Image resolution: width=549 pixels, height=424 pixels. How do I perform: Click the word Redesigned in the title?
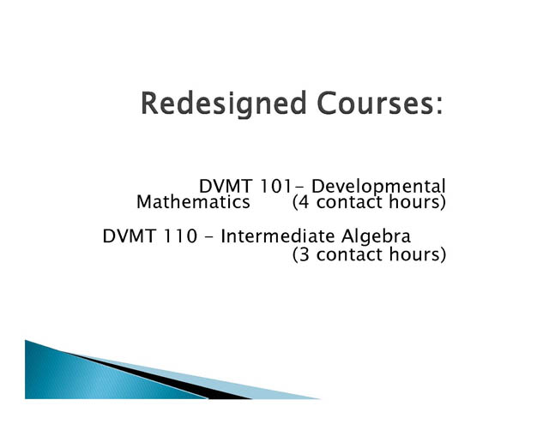click(x=223, y=104)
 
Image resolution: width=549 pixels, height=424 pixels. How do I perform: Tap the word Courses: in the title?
click(x=380, y=103)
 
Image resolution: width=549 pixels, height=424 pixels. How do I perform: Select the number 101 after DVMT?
click(x=275, y=187)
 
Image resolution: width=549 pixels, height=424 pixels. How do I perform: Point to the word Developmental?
click(x=378, y=187)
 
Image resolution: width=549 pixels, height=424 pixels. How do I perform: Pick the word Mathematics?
click(x=193, y=202)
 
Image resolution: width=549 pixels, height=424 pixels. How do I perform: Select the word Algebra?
click(x=376, y=236)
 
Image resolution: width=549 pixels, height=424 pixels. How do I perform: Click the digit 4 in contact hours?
click(x=305, y=202)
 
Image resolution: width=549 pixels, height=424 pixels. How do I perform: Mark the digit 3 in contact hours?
click(x=305, y=254)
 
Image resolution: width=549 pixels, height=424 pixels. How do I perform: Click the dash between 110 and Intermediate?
click(x=208, y=237)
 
